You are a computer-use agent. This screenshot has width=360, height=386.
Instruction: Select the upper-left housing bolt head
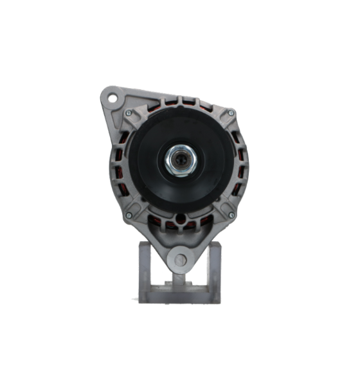(129, 113)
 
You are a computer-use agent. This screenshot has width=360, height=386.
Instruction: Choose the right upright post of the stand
(214, 270)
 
